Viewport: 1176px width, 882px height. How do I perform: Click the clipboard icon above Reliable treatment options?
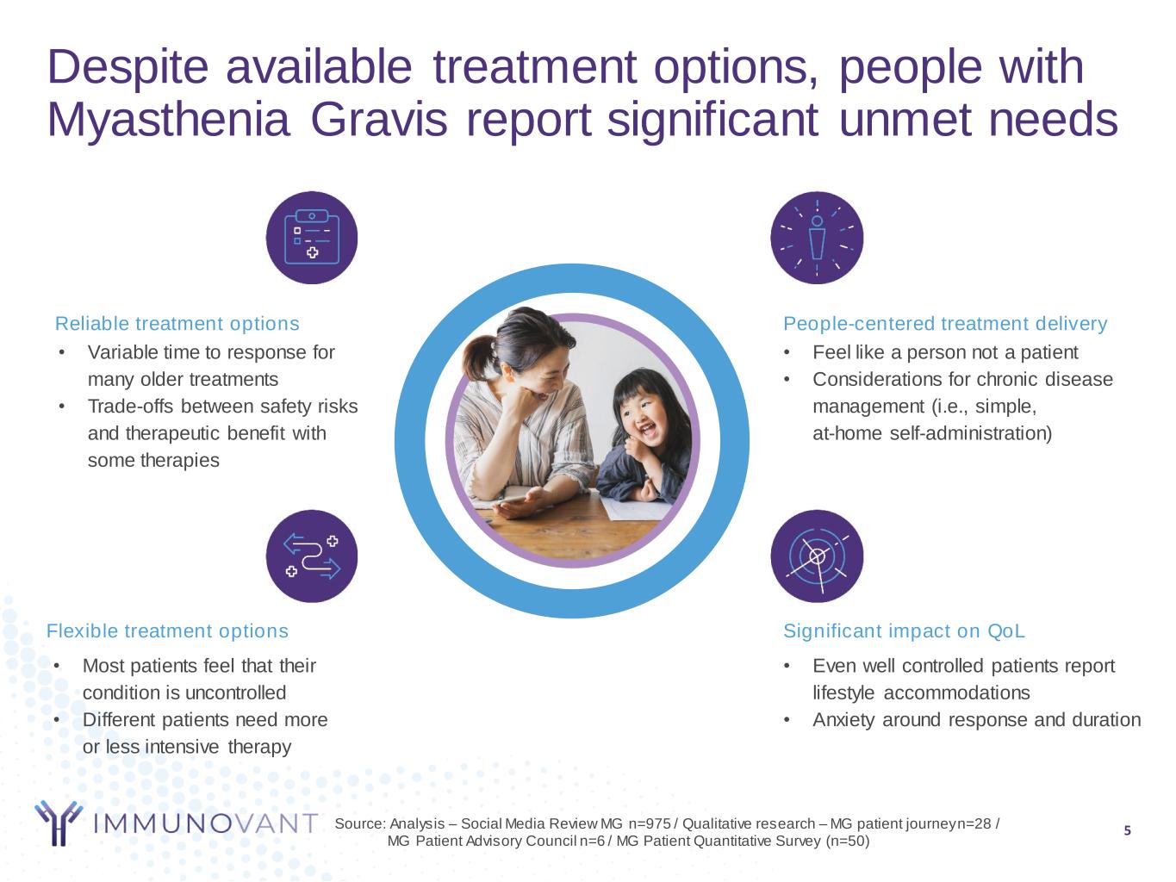312,237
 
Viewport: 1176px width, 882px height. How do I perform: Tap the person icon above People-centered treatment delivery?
817,237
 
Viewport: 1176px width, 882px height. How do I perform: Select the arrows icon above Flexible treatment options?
312,556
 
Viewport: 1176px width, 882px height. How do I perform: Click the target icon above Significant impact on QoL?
817,556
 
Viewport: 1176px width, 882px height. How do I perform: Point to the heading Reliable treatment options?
177,324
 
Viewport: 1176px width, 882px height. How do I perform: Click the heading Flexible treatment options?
167,630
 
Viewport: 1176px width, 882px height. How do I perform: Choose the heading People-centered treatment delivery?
945,324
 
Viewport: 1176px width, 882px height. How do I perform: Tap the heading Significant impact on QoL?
904,630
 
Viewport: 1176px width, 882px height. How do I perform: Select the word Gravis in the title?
378,120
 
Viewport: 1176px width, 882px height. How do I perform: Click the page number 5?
1127,830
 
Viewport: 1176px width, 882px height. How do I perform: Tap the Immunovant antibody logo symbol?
59,823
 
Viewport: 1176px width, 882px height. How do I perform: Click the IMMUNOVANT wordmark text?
206,823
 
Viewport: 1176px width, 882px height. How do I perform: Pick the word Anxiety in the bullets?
843,720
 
